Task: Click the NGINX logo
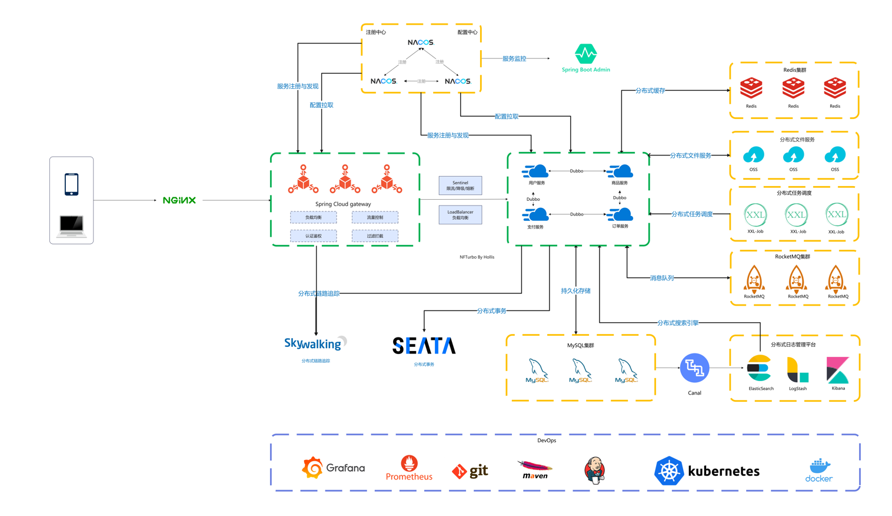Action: click(179, 200)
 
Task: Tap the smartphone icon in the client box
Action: click(71, 184)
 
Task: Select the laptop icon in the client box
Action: click(71, 226)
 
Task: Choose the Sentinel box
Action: click(460, 186)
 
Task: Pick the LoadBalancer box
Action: click(460, 214)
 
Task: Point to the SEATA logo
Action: click(424, 346)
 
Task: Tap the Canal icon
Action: click(694, 368)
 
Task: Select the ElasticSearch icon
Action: click(759, 369)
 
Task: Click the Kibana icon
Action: click(837, 370)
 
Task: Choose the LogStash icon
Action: click(797, 370)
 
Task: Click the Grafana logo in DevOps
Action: click(334, 468)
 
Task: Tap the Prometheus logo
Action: click(409, 468)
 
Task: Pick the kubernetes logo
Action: click(707, 471)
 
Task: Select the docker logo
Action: click(819, 470)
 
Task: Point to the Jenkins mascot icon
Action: click(594, 470)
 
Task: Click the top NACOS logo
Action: click(421, 42)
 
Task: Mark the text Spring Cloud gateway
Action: click(343, 204)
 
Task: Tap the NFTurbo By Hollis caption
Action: click(477, 257)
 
